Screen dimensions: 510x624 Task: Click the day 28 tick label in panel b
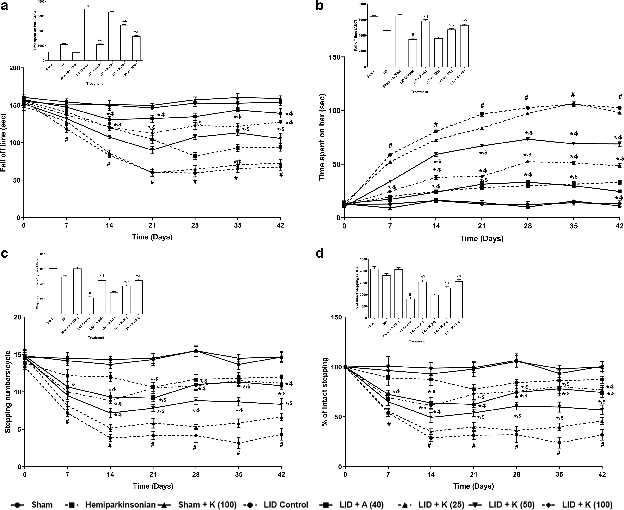[528, 226]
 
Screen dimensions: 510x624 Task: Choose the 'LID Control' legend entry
[290, 505]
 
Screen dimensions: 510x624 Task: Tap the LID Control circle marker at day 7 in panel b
[390, 155]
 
